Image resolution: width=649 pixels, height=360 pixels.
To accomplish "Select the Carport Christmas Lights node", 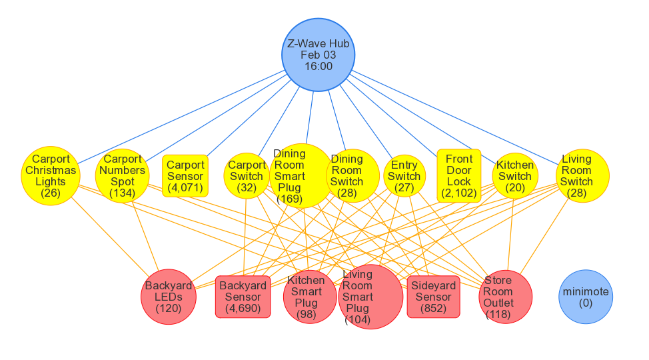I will (x=50, y=176).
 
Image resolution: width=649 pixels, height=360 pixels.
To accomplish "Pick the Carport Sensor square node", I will (x=185, y=176).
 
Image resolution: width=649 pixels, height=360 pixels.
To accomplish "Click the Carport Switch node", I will (x=247, y=176).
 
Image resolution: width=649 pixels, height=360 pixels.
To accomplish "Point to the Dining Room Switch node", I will (x=347, y=176).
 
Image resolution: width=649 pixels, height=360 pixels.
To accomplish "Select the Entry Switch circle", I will (x=404, y=176).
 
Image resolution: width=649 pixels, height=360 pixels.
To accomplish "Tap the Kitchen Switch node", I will (x=515, y=176).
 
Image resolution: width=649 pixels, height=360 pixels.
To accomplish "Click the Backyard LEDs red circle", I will (x=169, y=297).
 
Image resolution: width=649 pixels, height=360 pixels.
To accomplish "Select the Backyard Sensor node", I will (x=243, y=297).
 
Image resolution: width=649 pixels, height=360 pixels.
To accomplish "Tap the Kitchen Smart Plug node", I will (x=306, y=297).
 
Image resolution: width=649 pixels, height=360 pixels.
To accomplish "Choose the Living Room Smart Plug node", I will (x=370, y=297).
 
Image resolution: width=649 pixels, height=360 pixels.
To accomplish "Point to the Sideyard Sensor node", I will (x=433, y=297).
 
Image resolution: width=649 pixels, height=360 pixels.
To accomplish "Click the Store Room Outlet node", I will (x=506, y=297).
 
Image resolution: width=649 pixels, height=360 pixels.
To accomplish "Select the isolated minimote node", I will (x=586, y=297).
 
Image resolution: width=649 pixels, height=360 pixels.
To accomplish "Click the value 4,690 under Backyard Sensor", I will (x=243, y=309).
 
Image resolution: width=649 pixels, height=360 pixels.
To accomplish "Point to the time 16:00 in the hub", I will (x=319, y=67).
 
